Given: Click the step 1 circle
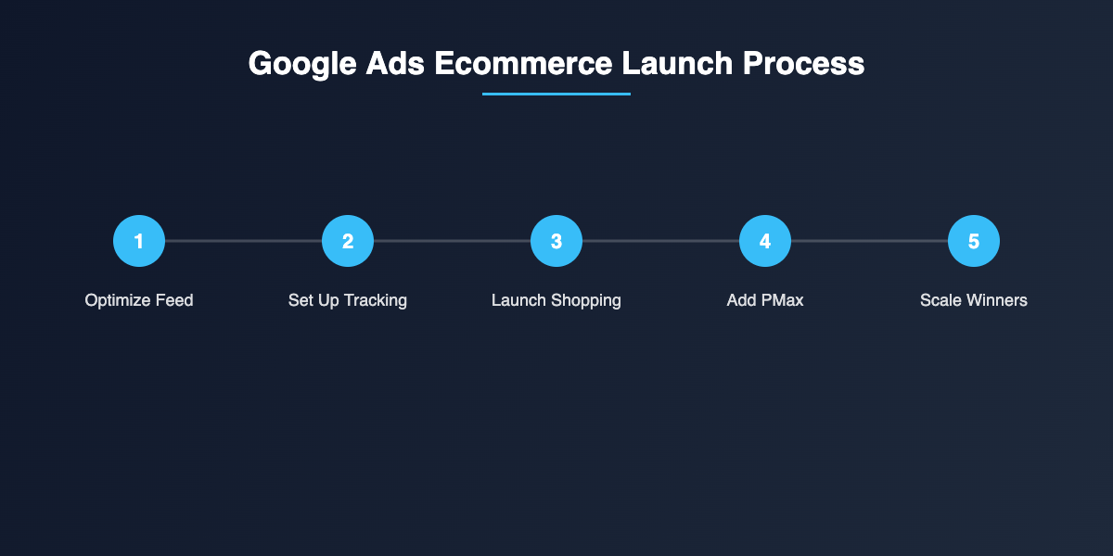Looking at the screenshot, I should tap(139, 241).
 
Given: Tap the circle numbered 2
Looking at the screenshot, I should tap(348, 241).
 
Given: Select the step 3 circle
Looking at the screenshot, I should tap(556, 241).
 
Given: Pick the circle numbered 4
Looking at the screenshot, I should tap(765, 241).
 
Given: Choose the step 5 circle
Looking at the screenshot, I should tap(974, 241).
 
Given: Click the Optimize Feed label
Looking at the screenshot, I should tap(139, 300).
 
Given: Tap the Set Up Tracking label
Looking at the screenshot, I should tap(348, 300).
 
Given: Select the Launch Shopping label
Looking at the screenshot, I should tap(556, 300).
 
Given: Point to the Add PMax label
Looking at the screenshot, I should tap(765, 300).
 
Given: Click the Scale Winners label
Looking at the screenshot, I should tap(974, 300).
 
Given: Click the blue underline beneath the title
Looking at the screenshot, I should tap(556, 94).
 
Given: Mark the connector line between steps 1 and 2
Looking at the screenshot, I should tap(243, 241).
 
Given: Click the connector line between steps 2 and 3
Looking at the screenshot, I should tap(452, 241).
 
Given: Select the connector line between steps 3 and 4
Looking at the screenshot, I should tap(660, 241).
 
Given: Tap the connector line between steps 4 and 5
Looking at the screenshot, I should tap(869, 241).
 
